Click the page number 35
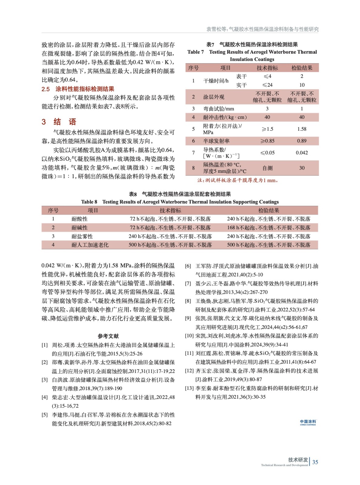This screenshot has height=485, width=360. point(315,462)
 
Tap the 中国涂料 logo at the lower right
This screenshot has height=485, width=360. point(308,422)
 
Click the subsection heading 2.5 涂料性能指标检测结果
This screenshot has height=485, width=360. point(78,89)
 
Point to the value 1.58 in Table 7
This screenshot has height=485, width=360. point(302,129)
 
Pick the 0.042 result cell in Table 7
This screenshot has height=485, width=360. point(302,153)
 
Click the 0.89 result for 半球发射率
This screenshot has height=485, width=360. point(302,141)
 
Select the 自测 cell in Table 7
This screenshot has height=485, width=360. point(267,168)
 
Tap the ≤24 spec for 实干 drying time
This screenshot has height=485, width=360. point(267,85)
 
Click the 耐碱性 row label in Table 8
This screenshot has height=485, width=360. point(79,228)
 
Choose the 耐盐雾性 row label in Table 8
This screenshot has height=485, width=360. point(82,236)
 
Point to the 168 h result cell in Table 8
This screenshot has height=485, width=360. point(268,228)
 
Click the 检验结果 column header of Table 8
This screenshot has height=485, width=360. point(268,210)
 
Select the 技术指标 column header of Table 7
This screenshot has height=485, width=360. point(267,68)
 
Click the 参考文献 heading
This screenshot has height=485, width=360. point(108,336)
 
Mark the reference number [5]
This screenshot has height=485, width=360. point(45,415)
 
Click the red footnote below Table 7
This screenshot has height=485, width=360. point(238,180)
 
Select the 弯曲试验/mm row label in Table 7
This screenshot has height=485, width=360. point(218,109)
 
